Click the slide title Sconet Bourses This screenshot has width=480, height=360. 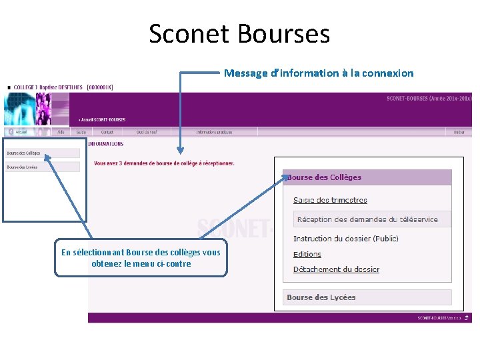(239, 33)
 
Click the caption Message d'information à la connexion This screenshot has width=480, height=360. (319, 73)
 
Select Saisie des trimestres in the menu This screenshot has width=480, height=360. (330, 200)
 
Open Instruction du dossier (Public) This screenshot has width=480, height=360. (345, 239)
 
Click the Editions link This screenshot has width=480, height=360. (307, 254)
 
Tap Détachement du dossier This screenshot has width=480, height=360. (336, 269)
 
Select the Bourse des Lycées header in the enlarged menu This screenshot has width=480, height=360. (321, 297)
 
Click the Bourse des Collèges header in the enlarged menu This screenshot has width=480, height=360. (325, 177)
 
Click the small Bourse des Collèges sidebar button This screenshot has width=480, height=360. (24, 153)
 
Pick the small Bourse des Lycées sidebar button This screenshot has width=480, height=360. (23, 167)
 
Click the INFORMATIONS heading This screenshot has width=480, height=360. (105, 143)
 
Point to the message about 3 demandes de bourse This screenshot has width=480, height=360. (164, 163)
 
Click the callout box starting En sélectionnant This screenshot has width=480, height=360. (141, 258)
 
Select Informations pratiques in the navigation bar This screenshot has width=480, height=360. (214, 132)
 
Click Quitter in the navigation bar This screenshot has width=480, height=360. (459, 132)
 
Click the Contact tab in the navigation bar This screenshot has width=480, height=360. (107, 132)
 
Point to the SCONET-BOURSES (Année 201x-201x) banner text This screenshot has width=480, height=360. (429, 99)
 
